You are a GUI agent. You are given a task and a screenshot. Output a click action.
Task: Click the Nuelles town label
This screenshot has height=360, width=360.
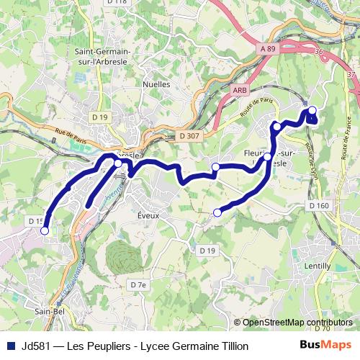tap(158, 84)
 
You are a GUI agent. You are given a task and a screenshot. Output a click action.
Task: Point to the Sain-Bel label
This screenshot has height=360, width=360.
tap(49, 311)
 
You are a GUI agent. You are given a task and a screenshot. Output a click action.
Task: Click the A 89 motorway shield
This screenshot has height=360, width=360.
tap(269, 48)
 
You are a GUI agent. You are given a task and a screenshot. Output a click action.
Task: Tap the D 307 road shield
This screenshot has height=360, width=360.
tap(189, 135)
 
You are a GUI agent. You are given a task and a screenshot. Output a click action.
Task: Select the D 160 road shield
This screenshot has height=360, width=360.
tap(319, 206)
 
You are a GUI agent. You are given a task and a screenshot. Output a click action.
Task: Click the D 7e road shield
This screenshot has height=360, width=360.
tap(139, 285)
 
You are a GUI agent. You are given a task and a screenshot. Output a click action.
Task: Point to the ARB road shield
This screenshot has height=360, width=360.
tap(240, 89)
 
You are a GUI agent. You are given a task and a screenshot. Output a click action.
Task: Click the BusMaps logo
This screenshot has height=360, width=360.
tap(320, 346)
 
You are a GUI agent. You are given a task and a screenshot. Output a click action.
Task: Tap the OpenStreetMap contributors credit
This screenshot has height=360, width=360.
tap(297, 323)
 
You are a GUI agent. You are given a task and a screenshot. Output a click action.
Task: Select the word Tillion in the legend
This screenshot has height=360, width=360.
tap(231, 346)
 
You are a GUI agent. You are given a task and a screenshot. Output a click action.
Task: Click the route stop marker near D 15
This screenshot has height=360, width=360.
tap(45, 231)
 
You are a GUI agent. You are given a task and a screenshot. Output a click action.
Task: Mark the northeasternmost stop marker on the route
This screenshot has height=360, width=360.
tap(312, 110)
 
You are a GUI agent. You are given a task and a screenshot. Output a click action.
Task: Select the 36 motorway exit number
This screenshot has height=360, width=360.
tap(318, 51)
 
